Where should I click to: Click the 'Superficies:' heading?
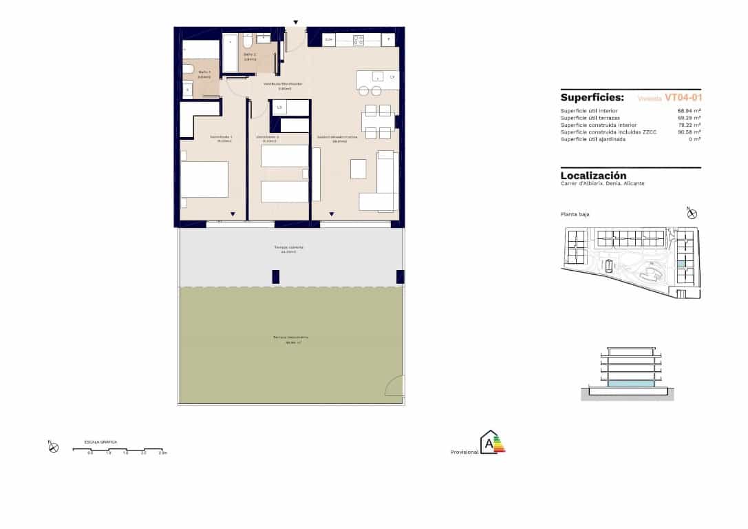click(x=592, y=98)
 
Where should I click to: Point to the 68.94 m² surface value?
click(x=689, y=111)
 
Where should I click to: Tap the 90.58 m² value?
click(x=689, y=132)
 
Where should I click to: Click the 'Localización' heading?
click(x=593, y=176)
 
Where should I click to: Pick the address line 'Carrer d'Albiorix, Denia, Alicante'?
click(x=602, y=184)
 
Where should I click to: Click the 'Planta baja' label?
click(x=575, y=214)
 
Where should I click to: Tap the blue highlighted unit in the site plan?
click(x=681, y=264)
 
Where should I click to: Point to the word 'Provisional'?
click(x=464, y=453)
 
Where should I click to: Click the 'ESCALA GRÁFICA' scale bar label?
click(x=100, y=441)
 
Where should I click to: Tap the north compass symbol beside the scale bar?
click(x=54, y=447)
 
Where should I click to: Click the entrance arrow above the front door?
click(x=296, y=23)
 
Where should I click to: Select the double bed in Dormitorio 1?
click(x=204, y=179)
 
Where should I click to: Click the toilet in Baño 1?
click(x=187, y=68)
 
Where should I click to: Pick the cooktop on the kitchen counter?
click(x=359, y=40)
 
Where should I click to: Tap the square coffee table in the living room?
click(x=359, y=169)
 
